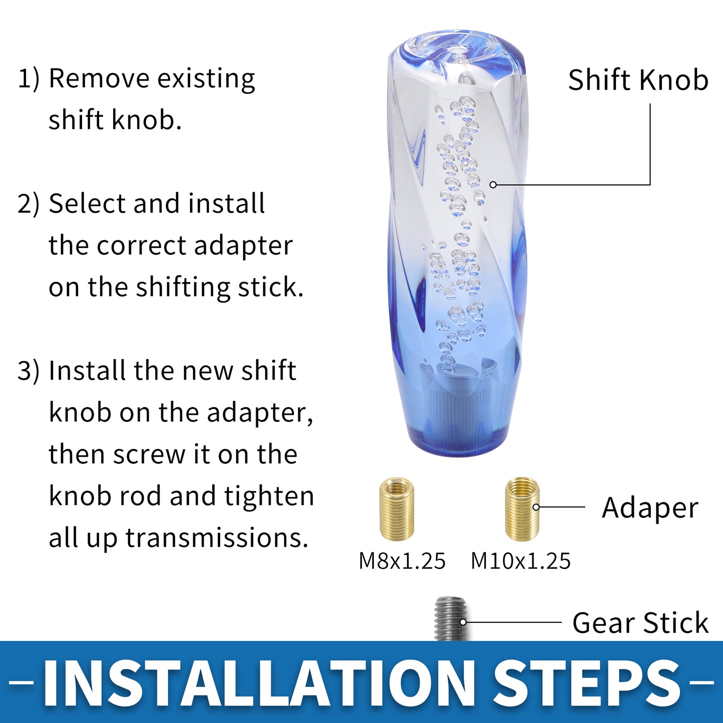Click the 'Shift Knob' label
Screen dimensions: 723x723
(x=638, y=80)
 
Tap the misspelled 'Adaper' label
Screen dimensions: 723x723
(x=650, y=508)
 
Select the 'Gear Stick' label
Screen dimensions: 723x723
(x=640, y=622)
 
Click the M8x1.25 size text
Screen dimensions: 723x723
(x=402, y=561)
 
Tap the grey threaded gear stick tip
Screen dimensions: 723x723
(x=451, y=619)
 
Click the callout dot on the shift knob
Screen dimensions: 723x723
(x=493, y=185)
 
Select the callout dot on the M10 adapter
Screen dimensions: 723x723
(x=536, y=507)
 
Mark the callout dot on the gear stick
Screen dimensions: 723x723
(x=463, y=622)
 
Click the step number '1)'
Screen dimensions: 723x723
(x=29, y=79)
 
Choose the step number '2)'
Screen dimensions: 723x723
(x=29, y=205)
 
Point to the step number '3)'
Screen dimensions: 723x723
(x=29, y=371)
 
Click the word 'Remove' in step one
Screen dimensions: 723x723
(x=99, y=79)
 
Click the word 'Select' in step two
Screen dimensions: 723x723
(x=87, y=204)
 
